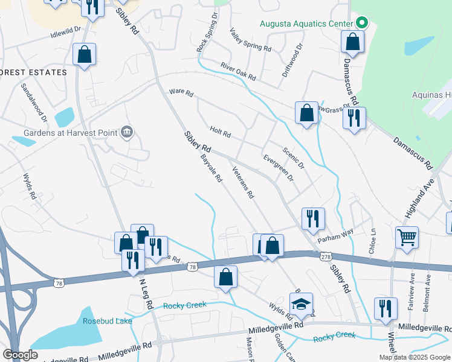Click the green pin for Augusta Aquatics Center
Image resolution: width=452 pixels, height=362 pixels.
coord(362,24)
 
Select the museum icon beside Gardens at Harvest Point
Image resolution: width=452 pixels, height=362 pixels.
coord(127,132)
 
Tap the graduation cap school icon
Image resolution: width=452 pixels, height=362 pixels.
coord(301,305)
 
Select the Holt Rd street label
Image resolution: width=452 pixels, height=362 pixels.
coord(221,131)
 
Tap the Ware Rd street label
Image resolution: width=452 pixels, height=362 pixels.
coord(181,94)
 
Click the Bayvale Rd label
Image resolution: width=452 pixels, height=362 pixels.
coord(211,168)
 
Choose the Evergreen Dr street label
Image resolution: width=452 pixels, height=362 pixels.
coord(278,168)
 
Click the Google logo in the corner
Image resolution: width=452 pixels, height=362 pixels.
coord(20,354)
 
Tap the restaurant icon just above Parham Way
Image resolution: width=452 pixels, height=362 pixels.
coord(313,218)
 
